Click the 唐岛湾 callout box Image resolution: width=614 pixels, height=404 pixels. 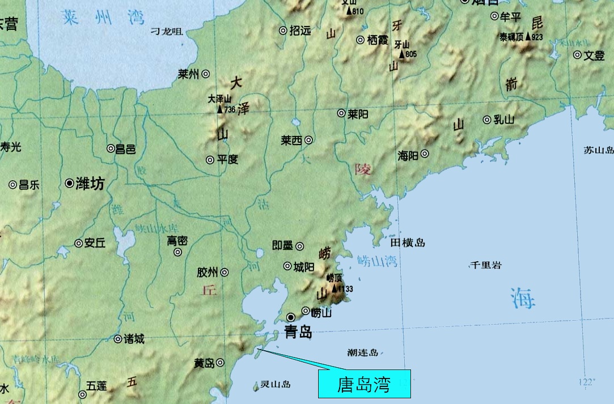click(x=363, y=384)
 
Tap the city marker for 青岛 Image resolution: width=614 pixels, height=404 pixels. click(x=291, y=317)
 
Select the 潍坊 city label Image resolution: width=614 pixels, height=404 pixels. click(x=90, y=184)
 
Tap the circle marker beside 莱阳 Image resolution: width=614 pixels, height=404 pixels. click(x=341, y=113)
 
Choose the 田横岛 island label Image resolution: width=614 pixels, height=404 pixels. click(x=408, y=243)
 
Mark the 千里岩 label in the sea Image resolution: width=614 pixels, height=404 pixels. click(x=486, y=265)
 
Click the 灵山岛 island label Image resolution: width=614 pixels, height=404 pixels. click(x=276, y=384)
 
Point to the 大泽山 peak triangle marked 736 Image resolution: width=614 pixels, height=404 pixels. click(x=220, y=109)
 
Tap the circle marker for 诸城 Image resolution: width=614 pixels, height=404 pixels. click(x=117, y=339)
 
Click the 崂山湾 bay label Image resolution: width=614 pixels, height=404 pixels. click(x=378, y=261)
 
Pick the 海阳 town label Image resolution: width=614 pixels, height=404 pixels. click(x=408, y=154)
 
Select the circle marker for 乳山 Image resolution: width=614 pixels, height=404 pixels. click(x=486, y=120)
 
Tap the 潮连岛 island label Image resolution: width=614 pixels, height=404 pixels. click(x=363, y=352)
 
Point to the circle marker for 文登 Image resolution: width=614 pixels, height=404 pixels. click(x=577, y=55)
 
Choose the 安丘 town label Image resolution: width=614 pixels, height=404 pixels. click(x=95, y=244)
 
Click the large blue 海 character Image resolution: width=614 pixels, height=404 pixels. click(x=522, y=298)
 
